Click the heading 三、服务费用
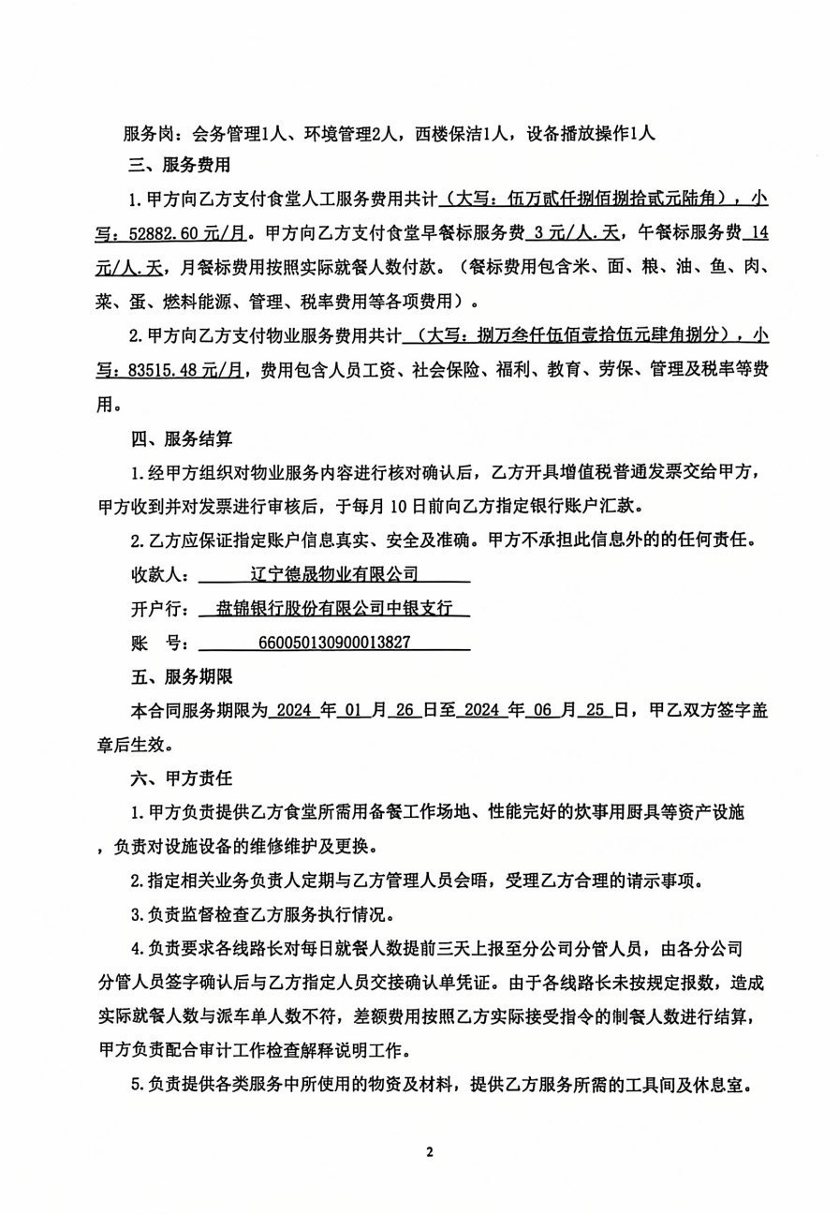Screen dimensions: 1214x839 [x=178, y=166]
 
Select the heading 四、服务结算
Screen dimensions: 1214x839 [x=178, y=437]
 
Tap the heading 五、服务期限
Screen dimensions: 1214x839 [x=178, y=674]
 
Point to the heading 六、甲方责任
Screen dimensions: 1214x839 [x=178, y=777]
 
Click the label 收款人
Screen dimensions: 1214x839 [x=157, y=573]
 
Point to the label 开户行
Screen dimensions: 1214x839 [x=157, y=608]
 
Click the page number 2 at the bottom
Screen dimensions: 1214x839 [x=429, y=1151]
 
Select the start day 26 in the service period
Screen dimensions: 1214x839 [x=405, y=710]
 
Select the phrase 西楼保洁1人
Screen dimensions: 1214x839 [x=464, y=133]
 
